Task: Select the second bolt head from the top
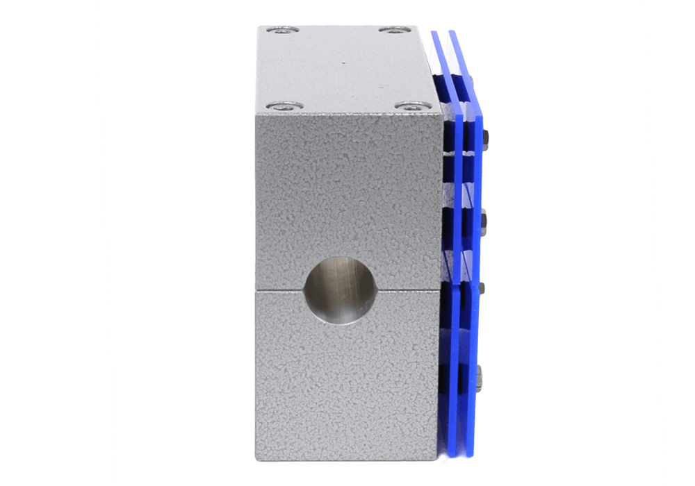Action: point(484,220)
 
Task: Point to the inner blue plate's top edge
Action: point(435,32)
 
